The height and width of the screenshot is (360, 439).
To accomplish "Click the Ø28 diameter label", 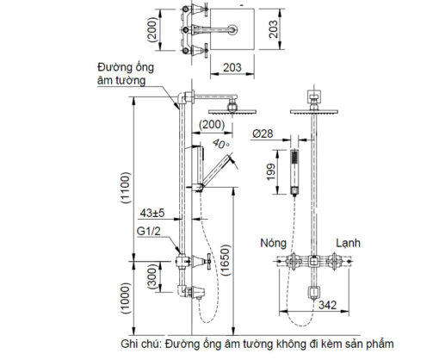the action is coord(263,133).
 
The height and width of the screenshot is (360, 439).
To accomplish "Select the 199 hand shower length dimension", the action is coord(271,172).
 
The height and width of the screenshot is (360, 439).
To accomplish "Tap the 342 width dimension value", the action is coord(327,305).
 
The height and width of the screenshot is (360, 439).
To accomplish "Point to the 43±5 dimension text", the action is coord(152,213).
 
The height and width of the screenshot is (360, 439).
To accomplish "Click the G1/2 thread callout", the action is coord(148,231).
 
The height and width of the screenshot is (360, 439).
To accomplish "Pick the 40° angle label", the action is coord(221,144).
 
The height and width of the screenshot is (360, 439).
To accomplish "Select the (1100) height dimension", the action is coord(126,188).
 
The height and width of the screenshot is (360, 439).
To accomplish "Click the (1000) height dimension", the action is coord(126,298).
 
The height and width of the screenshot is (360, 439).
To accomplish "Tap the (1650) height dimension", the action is coord(226,260).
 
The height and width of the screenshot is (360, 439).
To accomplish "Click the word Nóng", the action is coord(273,243).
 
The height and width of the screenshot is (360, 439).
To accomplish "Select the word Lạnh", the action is coord(348,244).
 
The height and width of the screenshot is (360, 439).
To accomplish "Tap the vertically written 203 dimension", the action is coord(274,29).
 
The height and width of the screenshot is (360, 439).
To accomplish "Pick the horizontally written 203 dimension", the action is coord(232,68).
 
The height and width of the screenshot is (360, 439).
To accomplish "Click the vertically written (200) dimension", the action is coord(152,30).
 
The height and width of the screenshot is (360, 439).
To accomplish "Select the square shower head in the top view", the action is coord(232,29).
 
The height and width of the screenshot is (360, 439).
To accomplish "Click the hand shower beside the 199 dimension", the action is coord(294,173).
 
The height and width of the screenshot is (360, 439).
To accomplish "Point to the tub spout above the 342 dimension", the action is coord(314,293).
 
